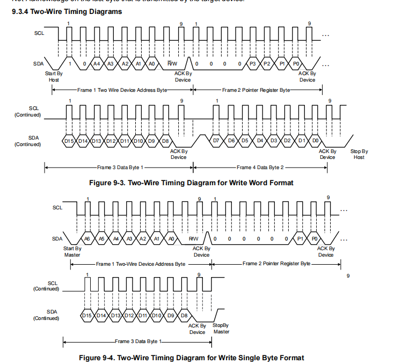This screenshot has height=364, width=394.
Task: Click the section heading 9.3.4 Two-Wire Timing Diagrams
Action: point(66,11)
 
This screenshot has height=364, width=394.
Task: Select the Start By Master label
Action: point(72,252)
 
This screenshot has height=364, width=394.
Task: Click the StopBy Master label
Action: point(221,329)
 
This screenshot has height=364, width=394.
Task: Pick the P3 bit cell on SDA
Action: point(253,64)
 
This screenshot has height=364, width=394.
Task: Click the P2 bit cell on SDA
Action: point(267,64)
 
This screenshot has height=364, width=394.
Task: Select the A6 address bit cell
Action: point(87,238)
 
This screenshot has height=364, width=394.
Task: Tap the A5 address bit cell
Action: point(101,238)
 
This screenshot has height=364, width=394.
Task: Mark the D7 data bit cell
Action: point(216,141)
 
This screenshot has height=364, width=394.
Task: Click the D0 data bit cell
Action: point(315,141)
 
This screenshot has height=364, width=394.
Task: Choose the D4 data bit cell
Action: point(259,141)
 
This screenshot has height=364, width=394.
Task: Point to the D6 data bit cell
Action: point(231,141)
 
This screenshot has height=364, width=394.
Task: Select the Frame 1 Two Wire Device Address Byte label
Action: point(122,90)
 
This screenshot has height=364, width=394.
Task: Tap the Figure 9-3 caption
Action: point(191,183)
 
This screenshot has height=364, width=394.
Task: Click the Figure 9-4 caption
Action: point(191,358)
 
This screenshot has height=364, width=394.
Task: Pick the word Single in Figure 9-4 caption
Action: point(253,358)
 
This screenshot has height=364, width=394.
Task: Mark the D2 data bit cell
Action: point(288,141)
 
